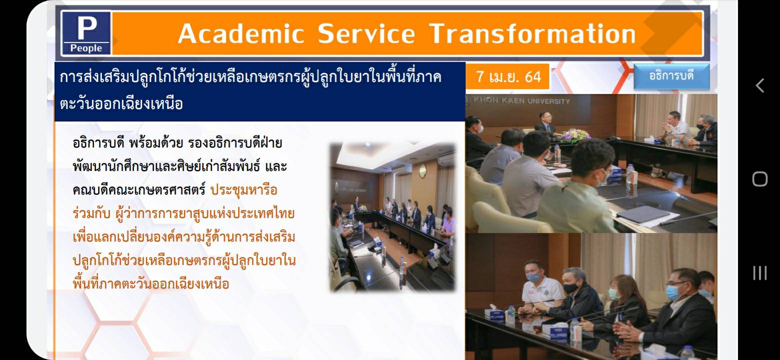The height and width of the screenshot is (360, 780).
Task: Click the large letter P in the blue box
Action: pyautogui.click(x=86, y=28)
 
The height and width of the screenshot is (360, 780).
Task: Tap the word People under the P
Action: pyautogui.click(x=86, y=48)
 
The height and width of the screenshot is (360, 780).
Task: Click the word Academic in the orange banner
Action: pyautogui.click(x=241, y=34)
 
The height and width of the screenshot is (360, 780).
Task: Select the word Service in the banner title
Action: pyautogui.click(x=366, y=34)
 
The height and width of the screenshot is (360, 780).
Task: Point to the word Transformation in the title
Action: pyautogui.click(x=532, y=34)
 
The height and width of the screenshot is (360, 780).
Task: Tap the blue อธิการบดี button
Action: pyautogui.click(x=671, y=76)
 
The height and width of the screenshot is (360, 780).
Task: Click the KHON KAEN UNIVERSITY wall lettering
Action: pyautogui.click(x=521, y=101)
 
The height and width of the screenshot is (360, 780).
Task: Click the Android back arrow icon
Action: pyautogui.click(x=760, y=85)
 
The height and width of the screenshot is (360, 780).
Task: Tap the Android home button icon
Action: pyautogui.click(x=760, y=179)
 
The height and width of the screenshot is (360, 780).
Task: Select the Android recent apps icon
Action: pyautogui.click(x=760, y=273)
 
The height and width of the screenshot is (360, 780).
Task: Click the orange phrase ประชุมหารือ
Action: pyautogui.click(x=244, y=190)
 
